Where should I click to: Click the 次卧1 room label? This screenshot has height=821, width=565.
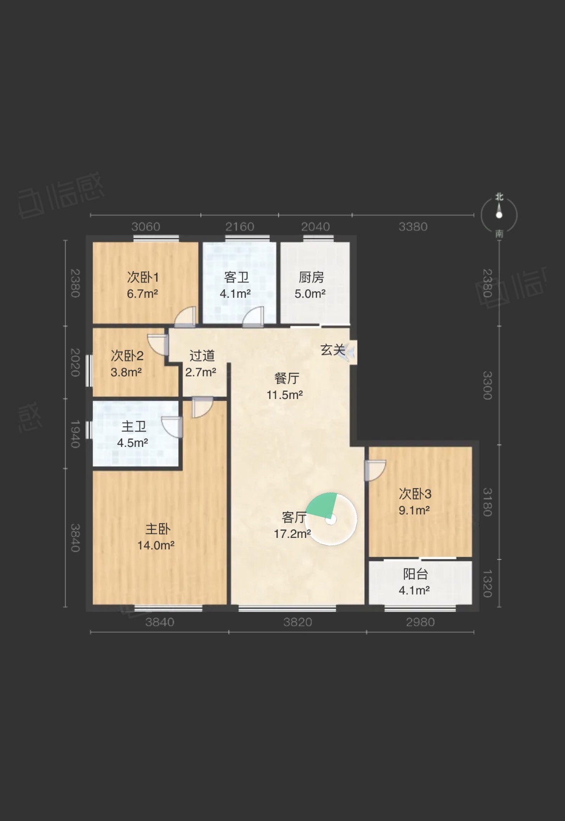143,277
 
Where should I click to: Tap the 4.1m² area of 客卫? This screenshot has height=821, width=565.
235,294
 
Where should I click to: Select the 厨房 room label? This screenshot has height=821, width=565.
311,277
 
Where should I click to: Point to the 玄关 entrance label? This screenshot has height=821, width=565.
333,350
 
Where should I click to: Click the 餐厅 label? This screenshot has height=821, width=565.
287,378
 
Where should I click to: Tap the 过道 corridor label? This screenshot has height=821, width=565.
202,355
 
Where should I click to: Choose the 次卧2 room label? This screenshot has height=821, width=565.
127,355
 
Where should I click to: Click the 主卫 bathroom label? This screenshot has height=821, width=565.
134,426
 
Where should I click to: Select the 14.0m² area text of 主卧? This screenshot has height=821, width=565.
156,546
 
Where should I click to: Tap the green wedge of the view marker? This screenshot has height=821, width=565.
323,505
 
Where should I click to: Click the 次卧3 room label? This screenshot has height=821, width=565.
415,494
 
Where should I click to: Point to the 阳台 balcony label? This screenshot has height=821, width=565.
415,574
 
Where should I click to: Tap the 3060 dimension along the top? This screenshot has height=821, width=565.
146,227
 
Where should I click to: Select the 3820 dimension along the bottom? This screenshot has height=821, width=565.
298,622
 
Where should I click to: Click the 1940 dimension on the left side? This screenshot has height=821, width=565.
75,434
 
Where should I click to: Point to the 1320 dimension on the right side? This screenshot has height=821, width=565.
487,583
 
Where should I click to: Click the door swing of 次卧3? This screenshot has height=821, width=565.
375,470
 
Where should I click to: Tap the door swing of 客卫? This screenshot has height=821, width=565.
253,317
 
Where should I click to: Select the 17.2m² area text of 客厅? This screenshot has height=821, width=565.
292,534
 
